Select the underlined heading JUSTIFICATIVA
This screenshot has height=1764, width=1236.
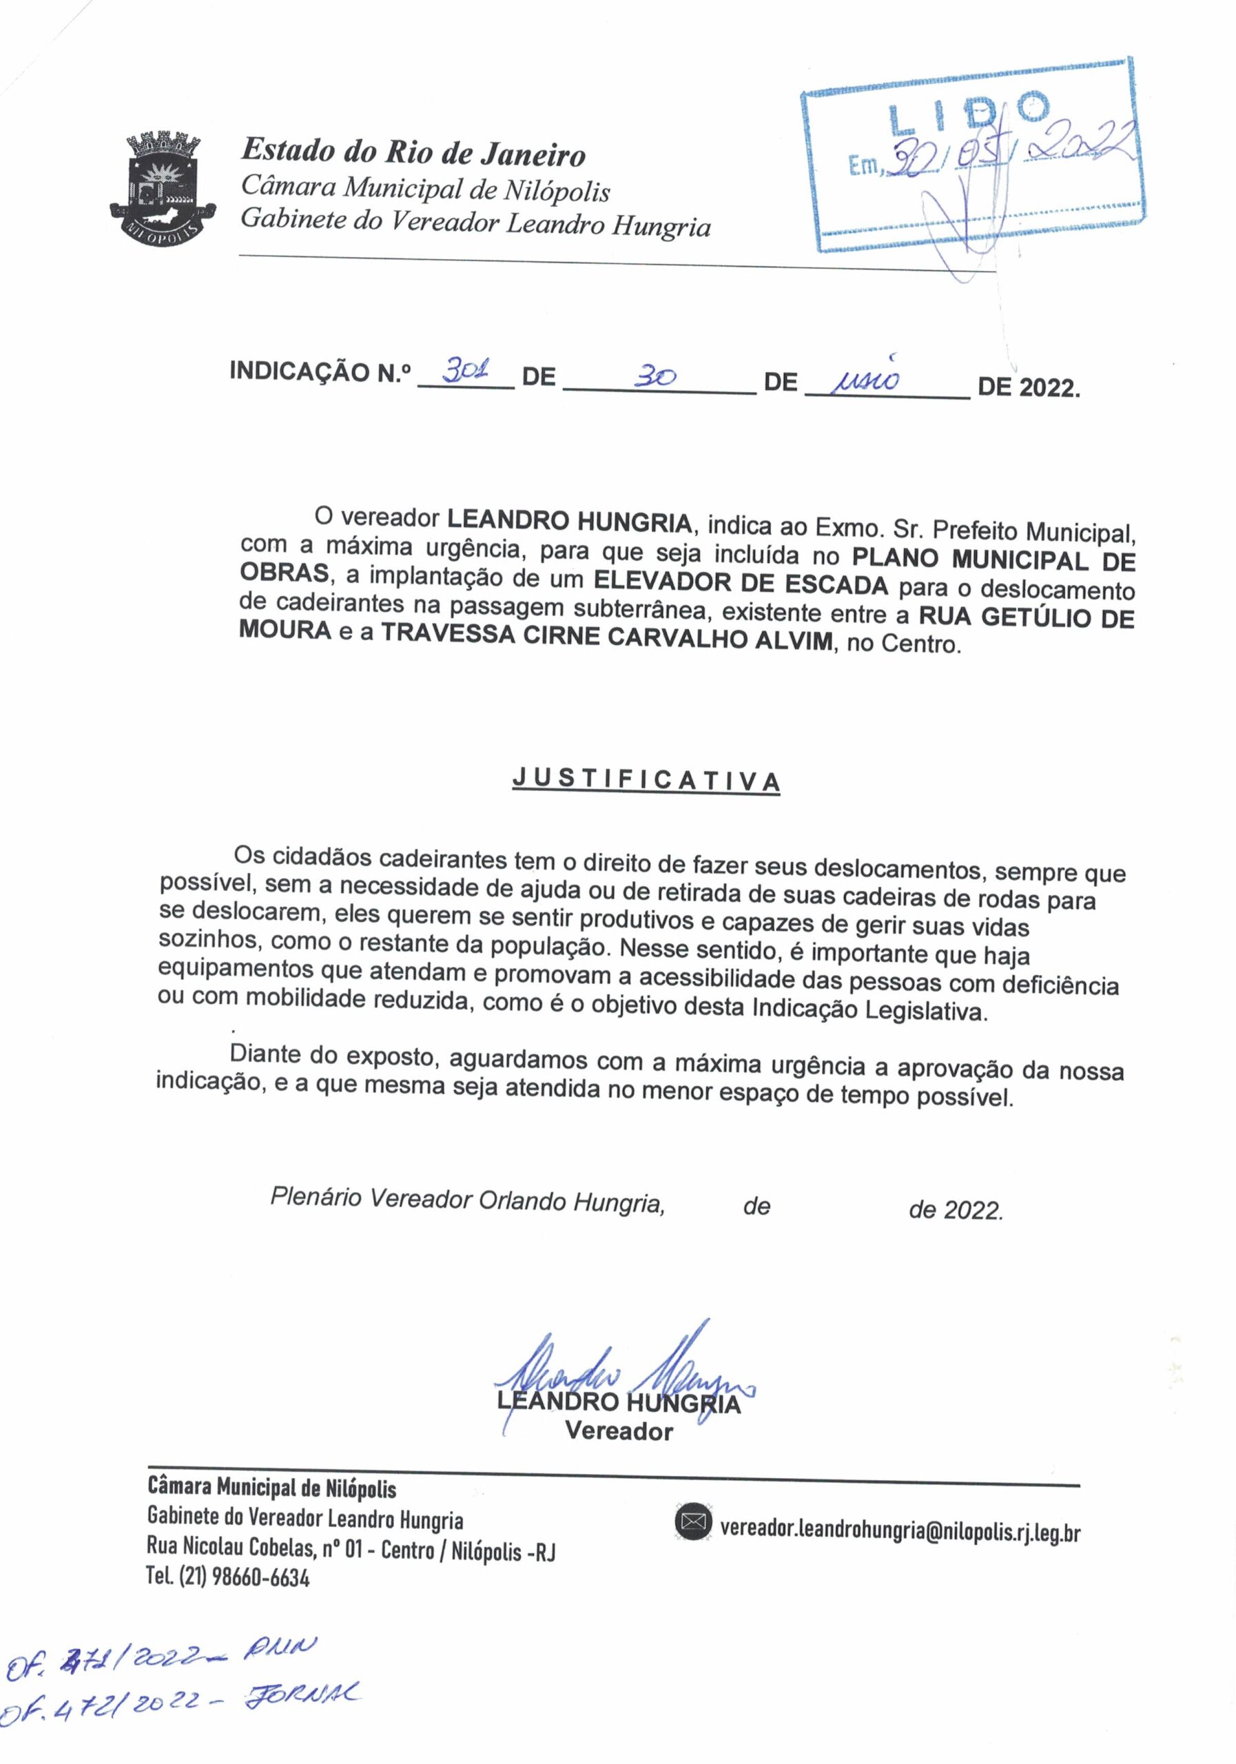646,780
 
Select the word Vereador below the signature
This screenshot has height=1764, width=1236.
619,1431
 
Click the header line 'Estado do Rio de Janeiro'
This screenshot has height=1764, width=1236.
413,152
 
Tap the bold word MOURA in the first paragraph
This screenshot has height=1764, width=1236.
285,630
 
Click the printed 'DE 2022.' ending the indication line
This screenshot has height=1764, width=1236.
1028,387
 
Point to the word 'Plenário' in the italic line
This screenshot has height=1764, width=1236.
315,1196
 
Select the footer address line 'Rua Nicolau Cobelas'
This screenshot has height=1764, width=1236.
350,1549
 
